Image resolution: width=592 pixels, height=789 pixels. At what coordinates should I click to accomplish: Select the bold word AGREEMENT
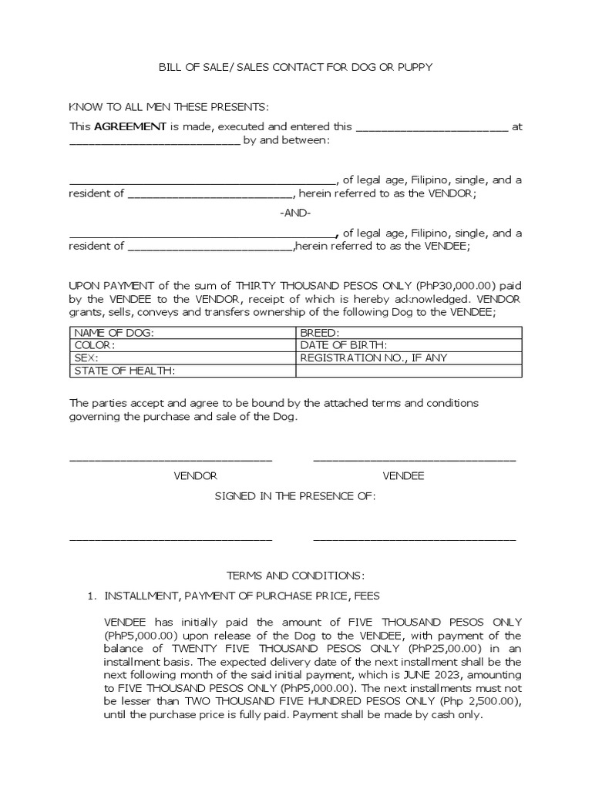130,126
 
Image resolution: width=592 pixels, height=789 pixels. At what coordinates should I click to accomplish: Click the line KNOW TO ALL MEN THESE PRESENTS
169,106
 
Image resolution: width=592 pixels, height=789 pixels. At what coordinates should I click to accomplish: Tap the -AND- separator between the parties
295,213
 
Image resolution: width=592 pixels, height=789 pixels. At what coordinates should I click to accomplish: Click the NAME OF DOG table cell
183,332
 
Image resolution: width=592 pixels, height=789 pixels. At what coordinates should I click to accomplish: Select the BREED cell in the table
409,332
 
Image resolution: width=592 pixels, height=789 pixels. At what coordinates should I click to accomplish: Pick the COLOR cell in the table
183,345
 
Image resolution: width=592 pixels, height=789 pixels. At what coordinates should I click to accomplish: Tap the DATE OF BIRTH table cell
409,345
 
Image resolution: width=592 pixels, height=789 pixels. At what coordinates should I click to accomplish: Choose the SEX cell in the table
183,358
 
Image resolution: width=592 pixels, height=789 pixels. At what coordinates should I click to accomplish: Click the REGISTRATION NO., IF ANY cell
409,358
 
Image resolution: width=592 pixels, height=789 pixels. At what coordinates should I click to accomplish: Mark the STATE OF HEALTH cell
183,371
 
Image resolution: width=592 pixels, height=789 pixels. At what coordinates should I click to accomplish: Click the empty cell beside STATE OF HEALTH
409,371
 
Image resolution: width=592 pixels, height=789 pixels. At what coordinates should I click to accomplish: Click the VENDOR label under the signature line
195,476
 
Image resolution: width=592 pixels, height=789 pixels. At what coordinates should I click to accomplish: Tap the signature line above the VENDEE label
414,460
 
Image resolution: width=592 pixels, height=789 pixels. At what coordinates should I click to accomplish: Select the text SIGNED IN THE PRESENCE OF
295,497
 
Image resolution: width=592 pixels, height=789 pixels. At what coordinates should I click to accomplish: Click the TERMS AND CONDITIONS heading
295,576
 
